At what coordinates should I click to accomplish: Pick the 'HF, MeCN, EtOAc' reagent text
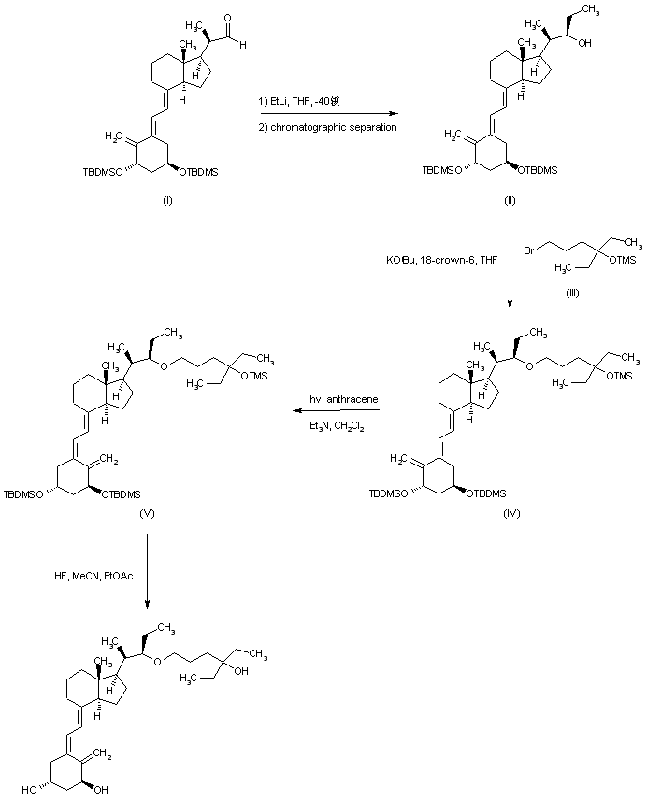coord(94,576)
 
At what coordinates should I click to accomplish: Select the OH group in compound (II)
coord(592,41)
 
